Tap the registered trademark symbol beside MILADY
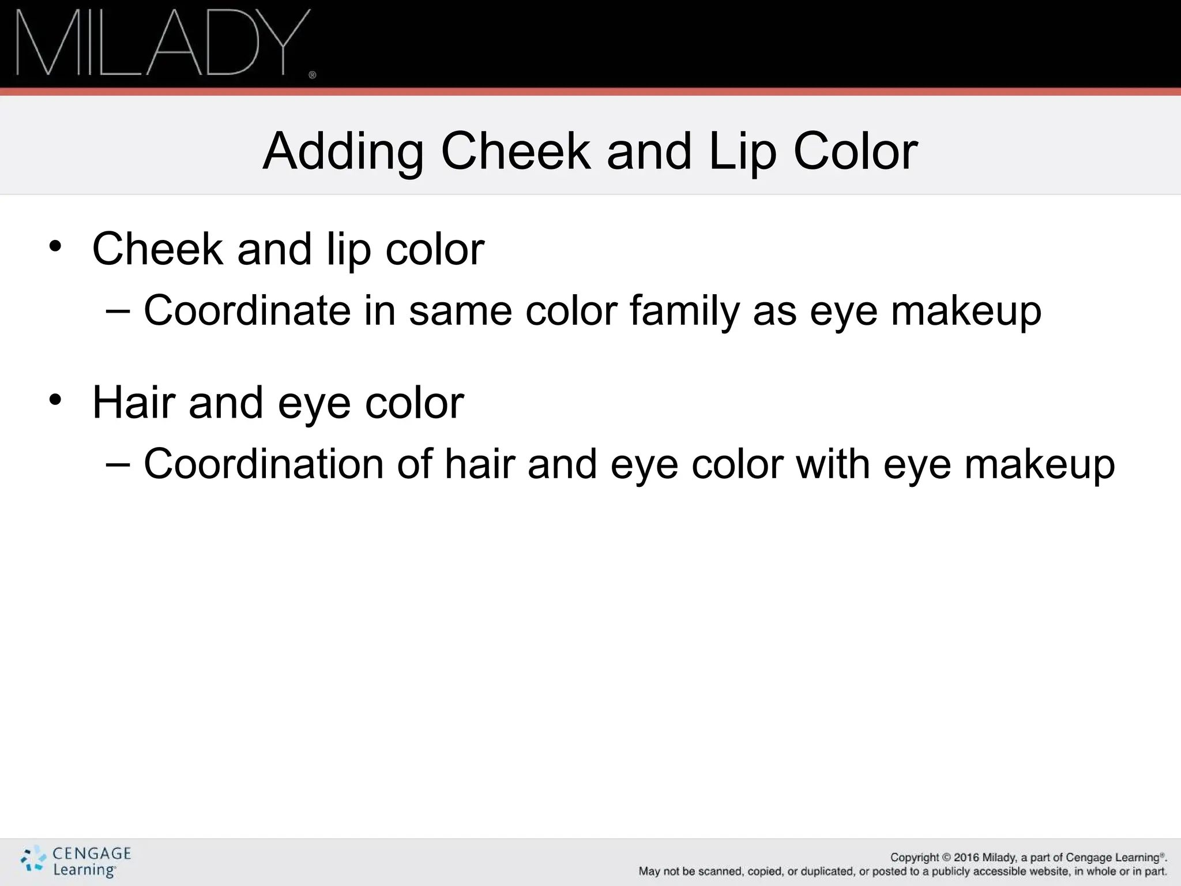313,75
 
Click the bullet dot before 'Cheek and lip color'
55,246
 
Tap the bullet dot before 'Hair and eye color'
55,400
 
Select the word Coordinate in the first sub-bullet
247,310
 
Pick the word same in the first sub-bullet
460,310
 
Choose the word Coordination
263,464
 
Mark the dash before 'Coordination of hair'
118,464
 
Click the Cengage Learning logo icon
32,859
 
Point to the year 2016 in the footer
966,857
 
